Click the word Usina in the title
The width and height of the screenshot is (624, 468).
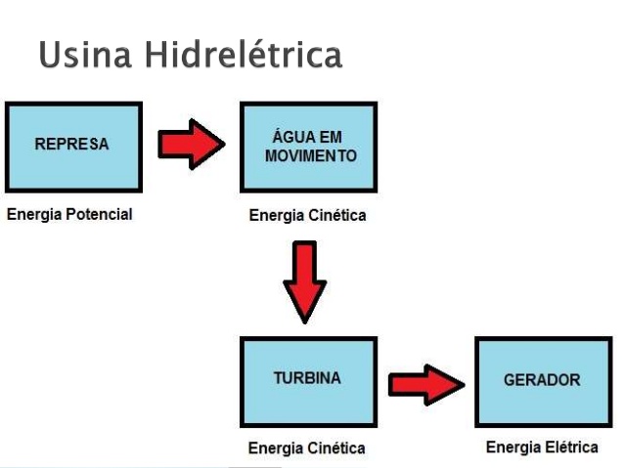point(85,55)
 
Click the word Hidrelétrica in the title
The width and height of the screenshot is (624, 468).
point(244,54)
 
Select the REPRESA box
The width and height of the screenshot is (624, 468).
point(73,148)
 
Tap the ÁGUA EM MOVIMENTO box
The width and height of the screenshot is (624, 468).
point(308,148)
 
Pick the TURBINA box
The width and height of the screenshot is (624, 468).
point(308,382)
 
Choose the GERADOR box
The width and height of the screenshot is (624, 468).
point(543,382)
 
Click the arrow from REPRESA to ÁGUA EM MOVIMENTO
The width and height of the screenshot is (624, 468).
point(192,145)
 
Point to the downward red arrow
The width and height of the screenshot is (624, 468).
point(305,282)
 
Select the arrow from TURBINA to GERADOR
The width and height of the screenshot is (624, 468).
point(426,385)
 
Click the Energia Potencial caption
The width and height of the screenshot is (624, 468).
point(69,214)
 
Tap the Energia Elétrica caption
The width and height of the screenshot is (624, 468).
point(542,447)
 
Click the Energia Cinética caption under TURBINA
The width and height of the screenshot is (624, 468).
point(307,448)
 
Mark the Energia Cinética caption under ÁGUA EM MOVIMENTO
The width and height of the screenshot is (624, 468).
point(308,215)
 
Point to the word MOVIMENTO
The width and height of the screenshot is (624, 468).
point(311,156)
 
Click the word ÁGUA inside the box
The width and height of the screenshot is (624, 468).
point(290,136)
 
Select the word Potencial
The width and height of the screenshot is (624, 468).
point(99,214)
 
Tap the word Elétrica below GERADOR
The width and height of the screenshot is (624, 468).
point(571,447)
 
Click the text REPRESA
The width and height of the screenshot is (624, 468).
point(71,144)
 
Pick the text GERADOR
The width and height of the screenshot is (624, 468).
point(542,380)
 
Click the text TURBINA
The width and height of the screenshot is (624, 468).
point(307,378)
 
